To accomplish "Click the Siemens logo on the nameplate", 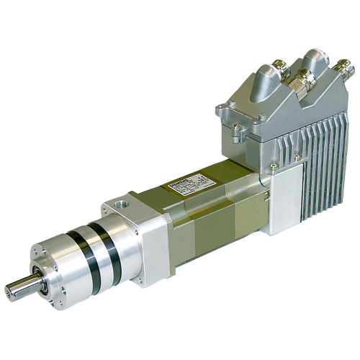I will (x=176, y=186).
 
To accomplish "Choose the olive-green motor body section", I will (x=216, y=209).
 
